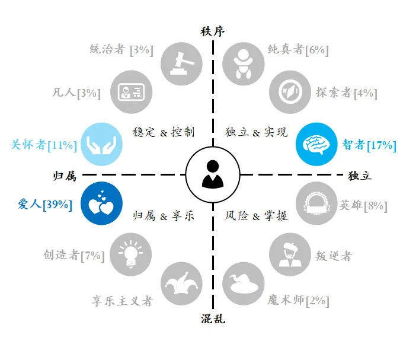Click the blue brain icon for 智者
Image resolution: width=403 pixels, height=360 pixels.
[x=316, y=145]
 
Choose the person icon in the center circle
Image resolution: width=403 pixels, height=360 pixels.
[x=213, y=174]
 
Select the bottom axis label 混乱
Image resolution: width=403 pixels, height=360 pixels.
[x=213, y=320]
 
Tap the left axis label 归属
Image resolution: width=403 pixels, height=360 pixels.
[x=65, y=176]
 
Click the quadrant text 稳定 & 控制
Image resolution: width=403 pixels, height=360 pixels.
[x=164, y=132]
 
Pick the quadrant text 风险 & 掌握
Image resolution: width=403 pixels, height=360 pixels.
[x=256, y=216]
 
